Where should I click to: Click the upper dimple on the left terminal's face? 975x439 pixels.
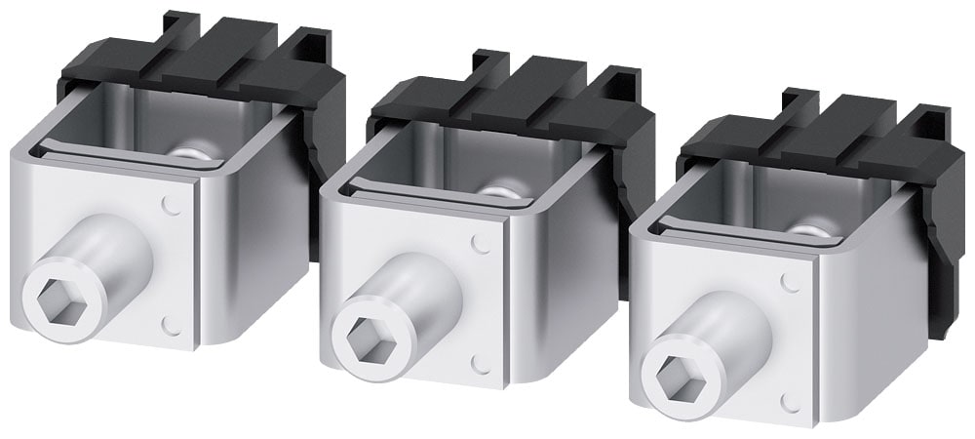point(173,206)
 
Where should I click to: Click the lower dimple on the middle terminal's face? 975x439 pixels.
point(479,362)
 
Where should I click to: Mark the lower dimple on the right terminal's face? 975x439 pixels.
point(791,401)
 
